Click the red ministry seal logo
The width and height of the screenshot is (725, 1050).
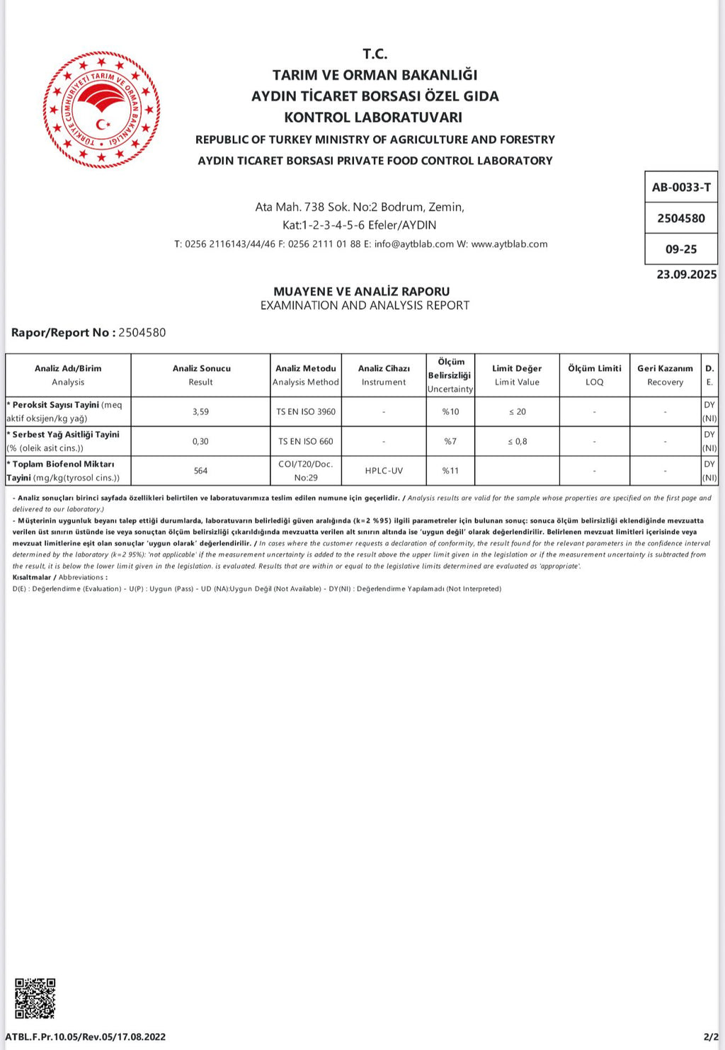[x=101, y=110]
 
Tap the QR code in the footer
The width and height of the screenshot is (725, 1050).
[x=35, y=998]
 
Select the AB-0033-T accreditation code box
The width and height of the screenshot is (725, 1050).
[x=681, y=188]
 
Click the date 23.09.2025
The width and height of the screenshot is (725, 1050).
[x=686, y=275]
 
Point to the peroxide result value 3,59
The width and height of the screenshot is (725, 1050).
[x=200, y=411]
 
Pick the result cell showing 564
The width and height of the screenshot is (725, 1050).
[x=200, y=471]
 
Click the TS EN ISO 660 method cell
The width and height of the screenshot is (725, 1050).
[x=306, y=441]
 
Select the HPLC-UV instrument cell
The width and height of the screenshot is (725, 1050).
[x=384, y=471]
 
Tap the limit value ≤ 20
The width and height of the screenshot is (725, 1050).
[x=517, y=411]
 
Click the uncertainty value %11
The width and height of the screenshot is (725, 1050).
[x=450, y=471]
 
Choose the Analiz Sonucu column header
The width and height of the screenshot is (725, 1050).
[x=201, y=375]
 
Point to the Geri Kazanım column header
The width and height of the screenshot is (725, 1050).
[x=665, y=375]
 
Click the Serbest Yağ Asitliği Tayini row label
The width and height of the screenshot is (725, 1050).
[x=65, y=435]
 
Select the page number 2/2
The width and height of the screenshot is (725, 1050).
[x=711, y=1037]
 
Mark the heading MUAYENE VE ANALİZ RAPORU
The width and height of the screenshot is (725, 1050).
[x=361, y=291]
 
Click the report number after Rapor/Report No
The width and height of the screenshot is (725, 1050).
[x=142, y=333]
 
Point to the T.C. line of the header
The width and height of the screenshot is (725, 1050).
[x=375, y=54]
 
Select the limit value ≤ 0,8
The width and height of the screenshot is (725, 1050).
[x=517, y=441]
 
